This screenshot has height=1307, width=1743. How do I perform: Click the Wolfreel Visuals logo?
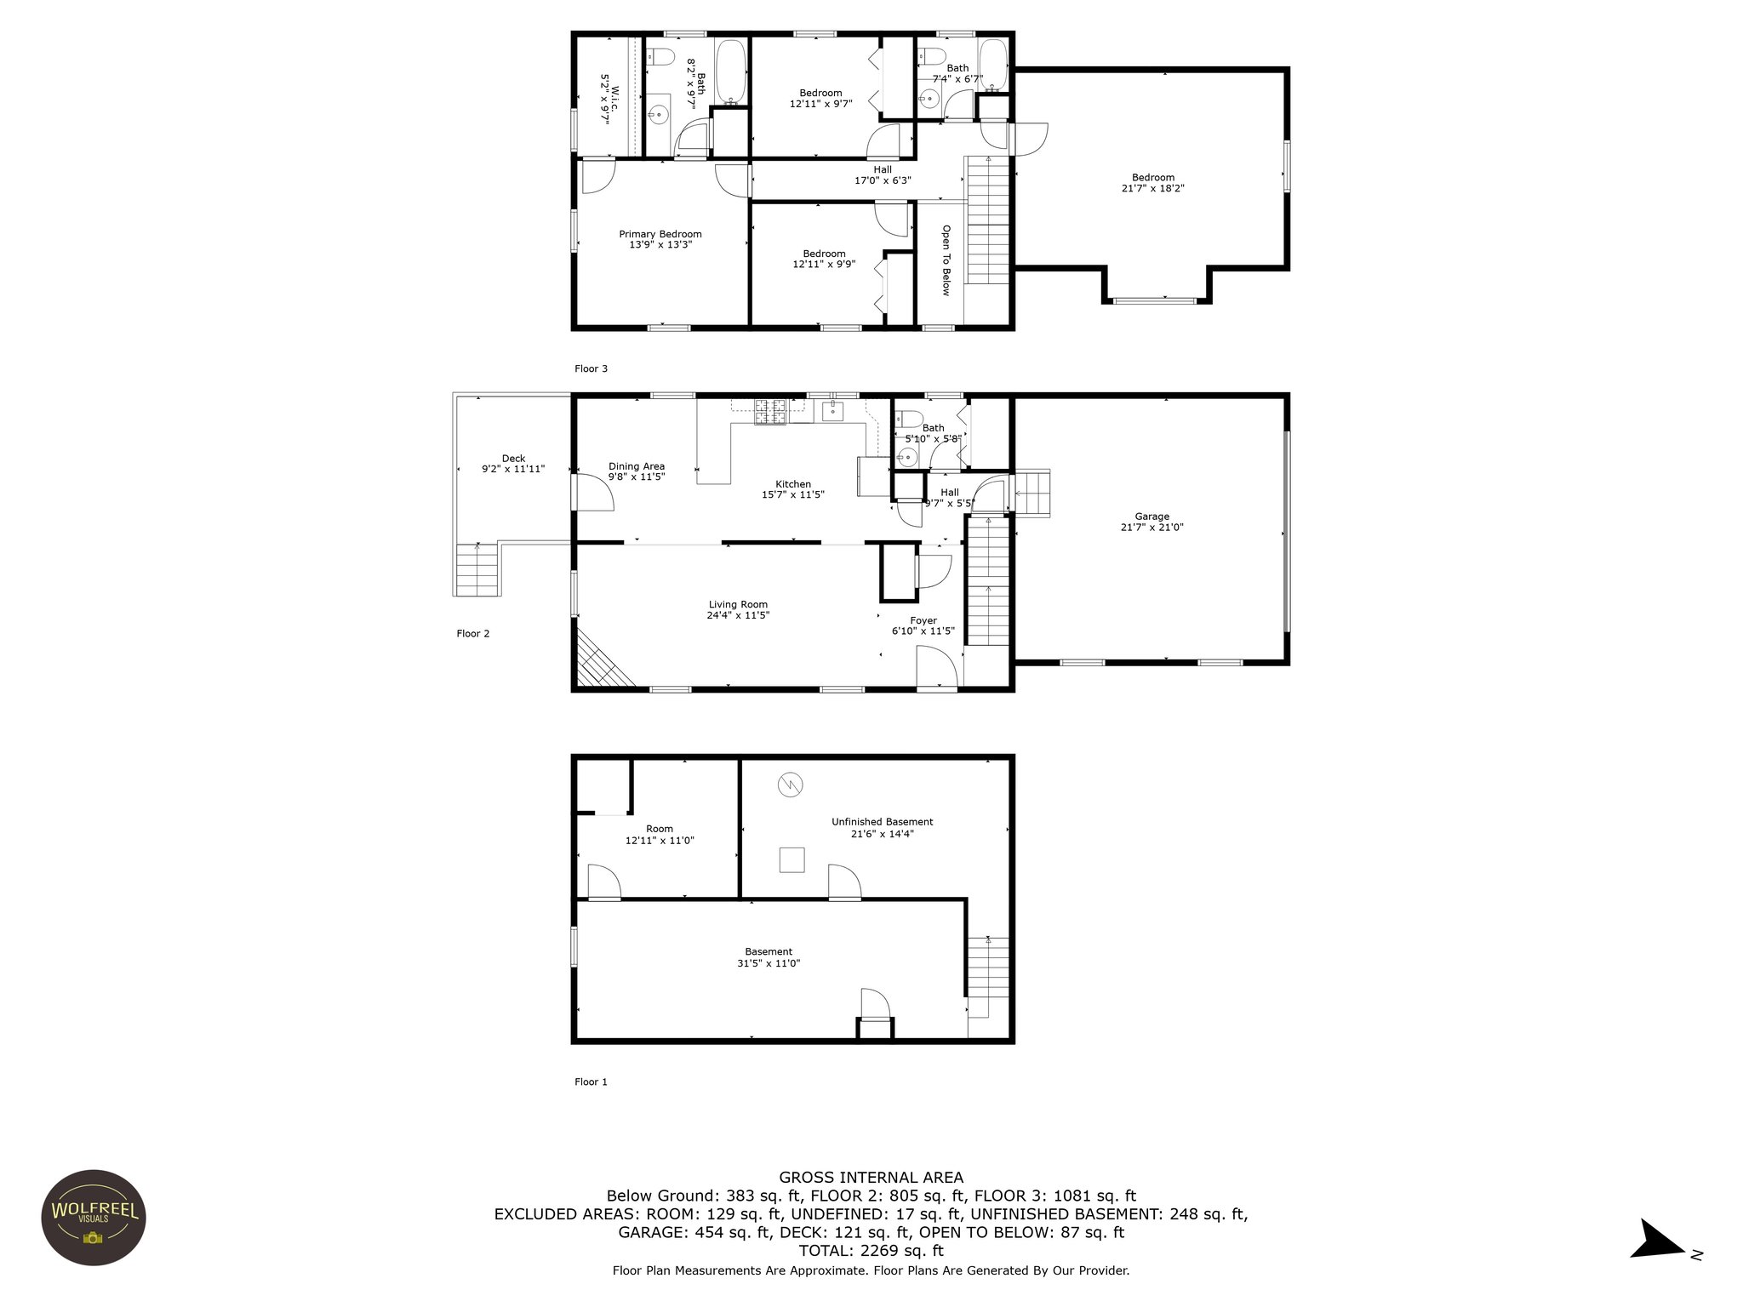coord(94,1217)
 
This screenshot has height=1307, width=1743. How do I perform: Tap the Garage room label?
coord(1152,517)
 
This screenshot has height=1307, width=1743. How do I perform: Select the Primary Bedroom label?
coord(660,234)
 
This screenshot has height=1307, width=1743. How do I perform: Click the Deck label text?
coord(513,459)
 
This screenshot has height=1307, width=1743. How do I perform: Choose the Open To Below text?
coord(946,260)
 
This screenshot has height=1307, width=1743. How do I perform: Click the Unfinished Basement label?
coord(882,822)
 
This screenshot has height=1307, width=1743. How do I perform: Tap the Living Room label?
coord(738,605)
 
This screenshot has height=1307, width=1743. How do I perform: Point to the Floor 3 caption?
coord(591,368)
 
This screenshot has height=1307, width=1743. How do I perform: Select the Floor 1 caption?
coord(591,1082)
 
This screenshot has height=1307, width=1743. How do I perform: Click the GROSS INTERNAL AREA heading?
coord(871,1178)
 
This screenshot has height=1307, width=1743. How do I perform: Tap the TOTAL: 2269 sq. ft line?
coord(871,1251)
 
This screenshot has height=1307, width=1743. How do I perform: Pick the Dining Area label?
coord(637,466)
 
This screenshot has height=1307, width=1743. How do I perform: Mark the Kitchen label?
coord(793,484)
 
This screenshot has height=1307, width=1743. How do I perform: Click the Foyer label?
coord(923,620)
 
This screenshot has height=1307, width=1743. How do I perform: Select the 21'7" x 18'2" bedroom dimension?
coord(1153,189)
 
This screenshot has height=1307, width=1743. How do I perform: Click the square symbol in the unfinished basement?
coord(791,859)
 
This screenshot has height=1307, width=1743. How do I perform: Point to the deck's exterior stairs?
coord(477,569)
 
